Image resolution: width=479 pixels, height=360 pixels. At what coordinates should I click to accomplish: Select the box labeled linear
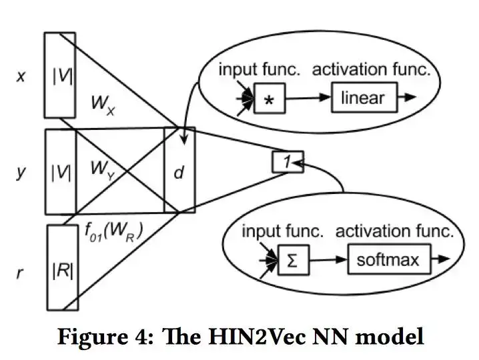(362, 99)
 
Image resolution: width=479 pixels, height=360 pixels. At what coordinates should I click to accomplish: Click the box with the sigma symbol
(290, 259)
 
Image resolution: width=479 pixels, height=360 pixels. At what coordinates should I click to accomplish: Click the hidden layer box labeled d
(179, 171)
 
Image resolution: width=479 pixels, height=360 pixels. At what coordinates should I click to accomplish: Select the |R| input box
(62, 268)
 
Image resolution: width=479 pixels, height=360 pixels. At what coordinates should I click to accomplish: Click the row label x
(21, 76)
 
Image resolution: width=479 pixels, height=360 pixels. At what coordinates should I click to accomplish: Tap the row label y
(21, 172)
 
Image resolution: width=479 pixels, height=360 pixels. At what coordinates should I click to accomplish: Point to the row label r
(21, 272)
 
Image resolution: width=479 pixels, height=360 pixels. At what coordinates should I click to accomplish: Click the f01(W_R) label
(115, 231)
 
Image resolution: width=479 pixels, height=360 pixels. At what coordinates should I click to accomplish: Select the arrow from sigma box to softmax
(326, 259)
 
